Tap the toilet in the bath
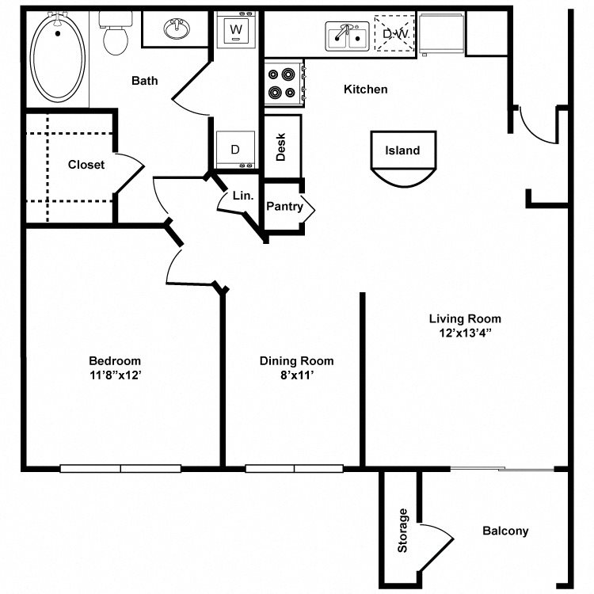(x=116, y=36)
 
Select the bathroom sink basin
(x=176, y=31)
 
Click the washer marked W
(x=236, y=31)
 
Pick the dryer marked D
(x=235, y=150)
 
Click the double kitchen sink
(x=346, y=36)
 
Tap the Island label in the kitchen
(x=402, y=150)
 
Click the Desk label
(x=281, y=147)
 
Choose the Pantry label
(x=284, y=207)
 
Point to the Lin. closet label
(x=242, y=196)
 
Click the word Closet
(x=86, y=165)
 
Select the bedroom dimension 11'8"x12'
(x=115, y=375)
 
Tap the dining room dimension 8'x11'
(x=296, y=375)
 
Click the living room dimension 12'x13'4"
(x=465, y=333)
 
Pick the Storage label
(x=402, y=530)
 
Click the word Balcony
(x=505, y=531)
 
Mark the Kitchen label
(x=365, y=89)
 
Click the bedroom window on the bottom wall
(x=120, y=469)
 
